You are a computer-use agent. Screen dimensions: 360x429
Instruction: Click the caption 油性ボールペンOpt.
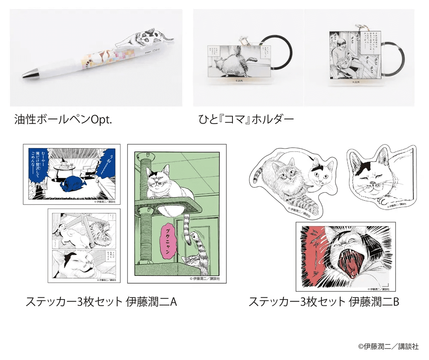tap(63, 119)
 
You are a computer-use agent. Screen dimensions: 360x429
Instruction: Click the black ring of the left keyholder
tap(280, 56)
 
